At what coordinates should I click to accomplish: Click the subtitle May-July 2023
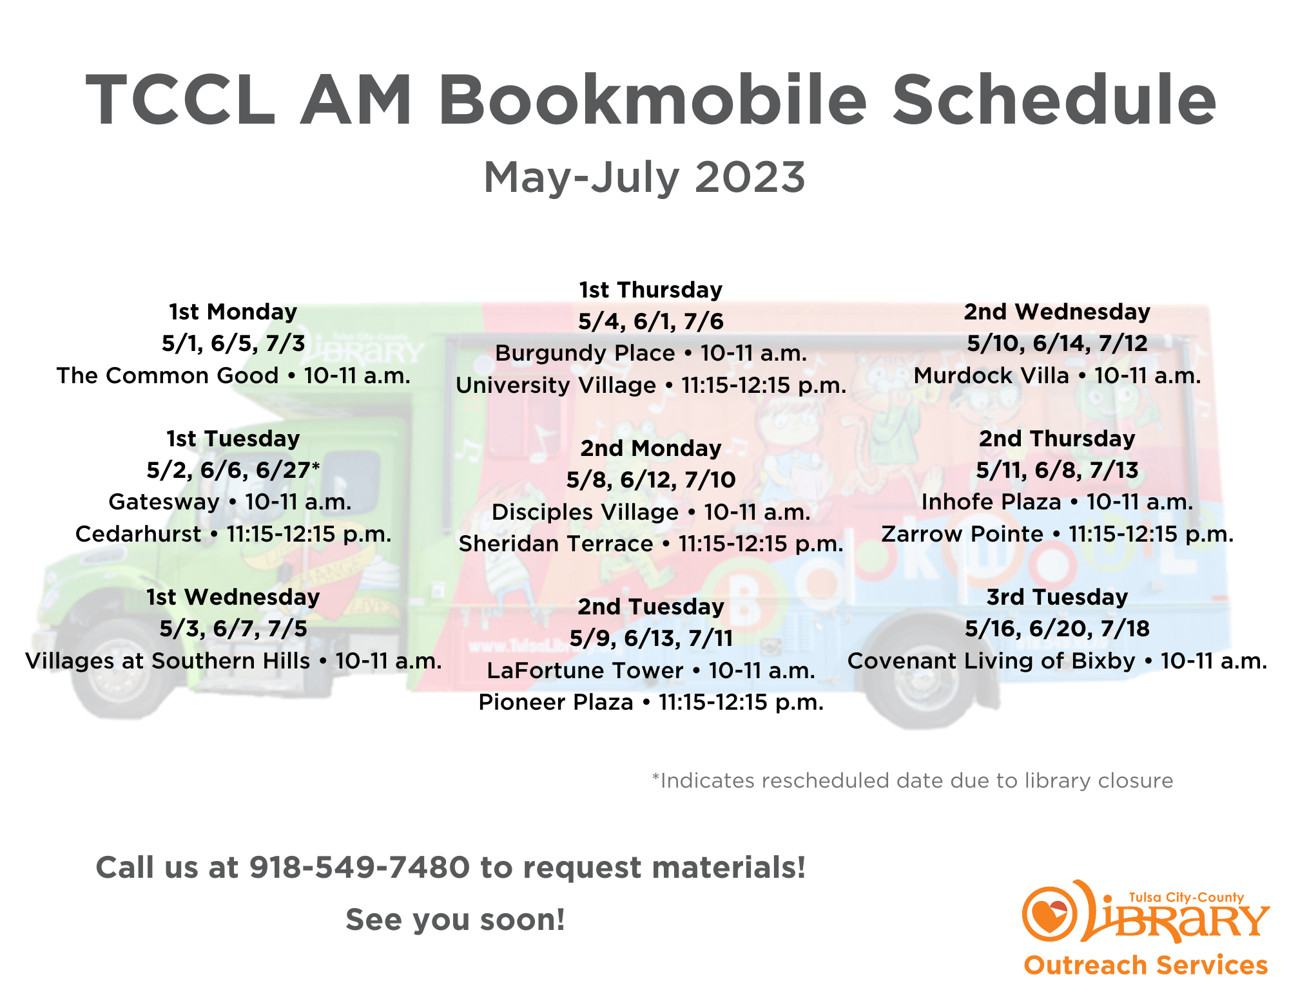[x=644, y=177]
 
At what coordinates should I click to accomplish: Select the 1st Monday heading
[x=233, y=312]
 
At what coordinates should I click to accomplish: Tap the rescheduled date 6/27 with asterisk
[x=288, y=470]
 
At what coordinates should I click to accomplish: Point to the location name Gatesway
[x=164, y=502]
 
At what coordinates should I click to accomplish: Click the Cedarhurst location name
[x=138, y=534]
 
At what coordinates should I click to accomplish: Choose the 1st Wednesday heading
[x=233, y=597]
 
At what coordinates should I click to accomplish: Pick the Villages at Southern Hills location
[x=168, y=661]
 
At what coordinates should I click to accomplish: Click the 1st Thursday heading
[x=650, y=290]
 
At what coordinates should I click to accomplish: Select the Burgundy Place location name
[x=585, y=353]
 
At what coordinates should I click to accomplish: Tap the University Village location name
[x=556, y=385]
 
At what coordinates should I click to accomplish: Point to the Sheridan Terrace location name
[x=556, y=544]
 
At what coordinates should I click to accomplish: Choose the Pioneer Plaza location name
[x=556, y=702]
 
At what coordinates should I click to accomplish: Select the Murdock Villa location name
[x=991, y=375]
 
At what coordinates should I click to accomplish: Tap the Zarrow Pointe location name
[x=962, y=534]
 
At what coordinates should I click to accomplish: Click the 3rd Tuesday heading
[x=1057, y=597]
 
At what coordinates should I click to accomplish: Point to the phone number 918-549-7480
[x=360, y=867]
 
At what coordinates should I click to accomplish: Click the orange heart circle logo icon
[x=1049, y=914]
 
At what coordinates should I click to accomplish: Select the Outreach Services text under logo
[x=1145, y=965]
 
